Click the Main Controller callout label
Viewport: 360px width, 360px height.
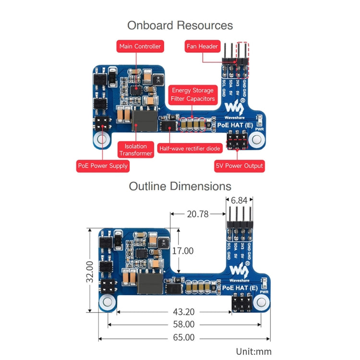point(140,47)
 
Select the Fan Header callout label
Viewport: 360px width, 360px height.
point(202,47)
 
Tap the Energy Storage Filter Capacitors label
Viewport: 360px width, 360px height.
point(193,95)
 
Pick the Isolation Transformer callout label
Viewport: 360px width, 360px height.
point(136,150)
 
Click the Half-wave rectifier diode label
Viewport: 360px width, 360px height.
point(190,149)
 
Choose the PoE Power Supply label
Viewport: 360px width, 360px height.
point(103,166)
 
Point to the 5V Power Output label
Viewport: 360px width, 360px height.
point(239,166)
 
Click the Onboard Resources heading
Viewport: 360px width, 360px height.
point(180,25)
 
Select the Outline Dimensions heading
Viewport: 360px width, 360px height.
point(180,186)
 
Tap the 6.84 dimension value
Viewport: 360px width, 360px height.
point(240,200)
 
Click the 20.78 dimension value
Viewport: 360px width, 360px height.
point(198,214)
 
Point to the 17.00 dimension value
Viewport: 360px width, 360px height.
point(182,251)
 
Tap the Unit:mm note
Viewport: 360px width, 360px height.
point(253,351)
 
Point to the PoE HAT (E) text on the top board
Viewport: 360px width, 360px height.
point(235,125)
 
